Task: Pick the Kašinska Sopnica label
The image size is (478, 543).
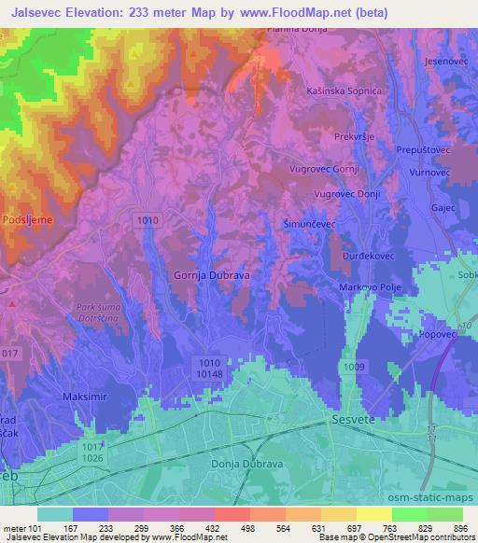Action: pyautogui.click(x=344, y=91)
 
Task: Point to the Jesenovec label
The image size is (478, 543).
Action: pyautogui.click(x=444, y=61)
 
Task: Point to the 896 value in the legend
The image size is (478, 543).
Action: pyautogui.click(x=459, y=529)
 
